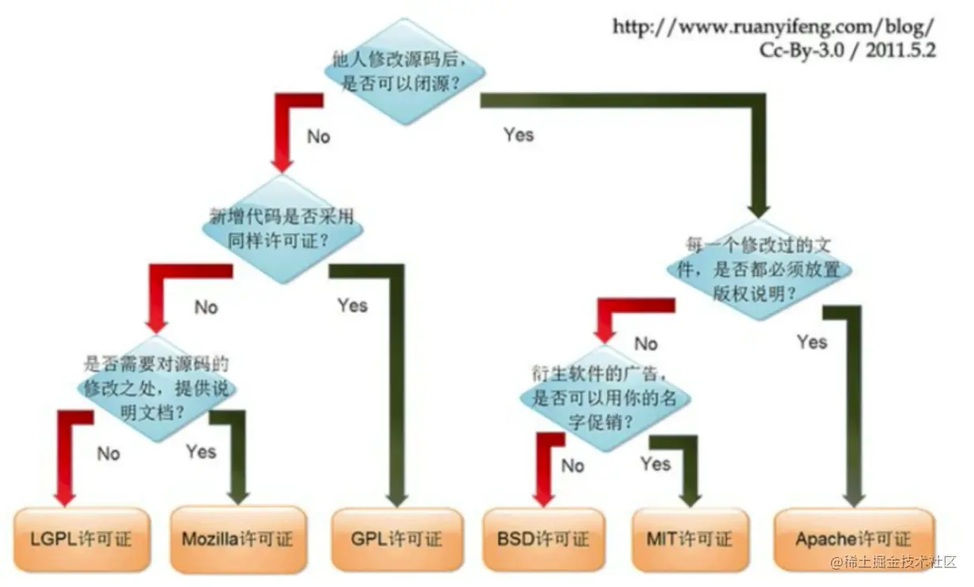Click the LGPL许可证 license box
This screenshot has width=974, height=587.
coord(82,540)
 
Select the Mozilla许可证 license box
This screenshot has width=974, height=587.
coord(238,540)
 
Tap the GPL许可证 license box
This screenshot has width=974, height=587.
coord(396,540)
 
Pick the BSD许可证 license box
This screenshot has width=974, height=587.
coord(543,540)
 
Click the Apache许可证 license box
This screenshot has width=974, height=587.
coord(853,540)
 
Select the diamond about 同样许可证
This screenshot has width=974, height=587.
coord(282,228)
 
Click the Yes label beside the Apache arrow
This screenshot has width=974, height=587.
coord(812,342)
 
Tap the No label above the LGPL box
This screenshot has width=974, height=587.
coord(108,453)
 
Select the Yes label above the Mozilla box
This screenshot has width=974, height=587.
coord(201,451)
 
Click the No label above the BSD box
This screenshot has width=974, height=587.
coord(572,465)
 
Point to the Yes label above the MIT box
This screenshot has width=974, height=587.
coord(655,463)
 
